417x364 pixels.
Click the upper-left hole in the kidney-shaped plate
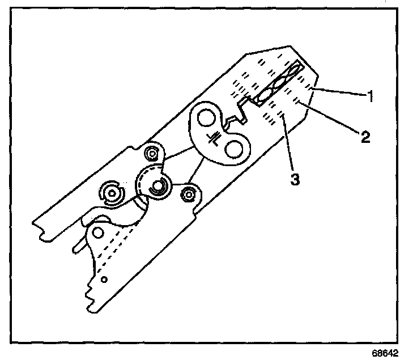coord(206,120)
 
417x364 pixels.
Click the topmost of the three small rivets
coord(151,153)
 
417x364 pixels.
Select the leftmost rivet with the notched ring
coord(112,194)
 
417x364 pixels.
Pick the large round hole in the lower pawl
coord(99,232)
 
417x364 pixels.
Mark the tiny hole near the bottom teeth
coord(104,280)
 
